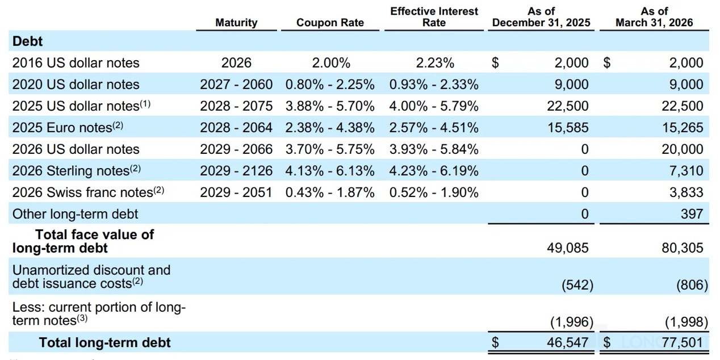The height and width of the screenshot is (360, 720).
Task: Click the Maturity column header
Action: click(236, 23)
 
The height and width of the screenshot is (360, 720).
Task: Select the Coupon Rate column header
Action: click(330, 23)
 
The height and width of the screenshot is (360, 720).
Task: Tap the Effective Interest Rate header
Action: click(434, 16)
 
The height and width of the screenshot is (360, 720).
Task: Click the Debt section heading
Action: click(27, 41)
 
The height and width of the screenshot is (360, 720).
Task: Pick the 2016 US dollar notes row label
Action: click(76, 62)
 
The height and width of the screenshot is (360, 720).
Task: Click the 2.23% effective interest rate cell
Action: click(435, 62)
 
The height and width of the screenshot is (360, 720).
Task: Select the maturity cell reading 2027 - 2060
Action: click(236, 84)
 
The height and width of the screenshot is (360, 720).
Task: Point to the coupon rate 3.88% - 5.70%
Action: click(330, 106)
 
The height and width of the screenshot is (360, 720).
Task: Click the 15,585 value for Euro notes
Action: click(568, 127)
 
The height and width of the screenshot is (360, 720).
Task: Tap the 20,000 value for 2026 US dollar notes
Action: click(683, 149)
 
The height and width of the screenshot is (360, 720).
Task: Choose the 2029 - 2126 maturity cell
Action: click(236, 171)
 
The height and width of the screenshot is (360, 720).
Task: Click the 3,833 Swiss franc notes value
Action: click(686, 192)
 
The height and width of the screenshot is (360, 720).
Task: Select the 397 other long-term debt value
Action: click(692, 214)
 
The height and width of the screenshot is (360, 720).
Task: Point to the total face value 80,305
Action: click(683, 248)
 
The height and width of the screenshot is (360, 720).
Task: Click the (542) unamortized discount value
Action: click(577, 285)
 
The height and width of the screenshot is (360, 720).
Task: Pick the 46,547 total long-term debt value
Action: click(568, 342)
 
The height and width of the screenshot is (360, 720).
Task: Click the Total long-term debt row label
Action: click(105, 342)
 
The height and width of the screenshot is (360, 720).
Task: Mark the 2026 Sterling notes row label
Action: click(77, 170)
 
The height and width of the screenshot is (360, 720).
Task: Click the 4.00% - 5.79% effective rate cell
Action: click(434, 106)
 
